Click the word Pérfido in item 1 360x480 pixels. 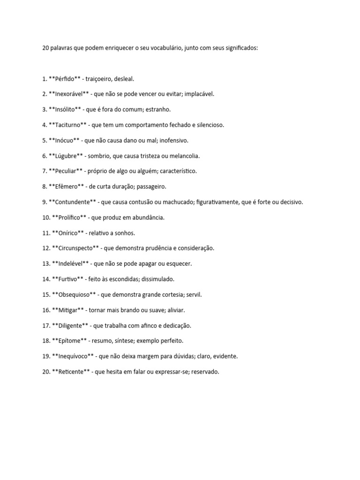tap(65, 79)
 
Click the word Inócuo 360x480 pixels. tap(65, 140)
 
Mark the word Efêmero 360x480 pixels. tap(66, 187)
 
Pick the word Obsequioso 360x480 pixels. tap(75, 295)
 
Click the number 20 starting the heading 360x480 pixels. tap(45, 48)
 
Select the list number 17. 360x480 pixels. tap(45, 326)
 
